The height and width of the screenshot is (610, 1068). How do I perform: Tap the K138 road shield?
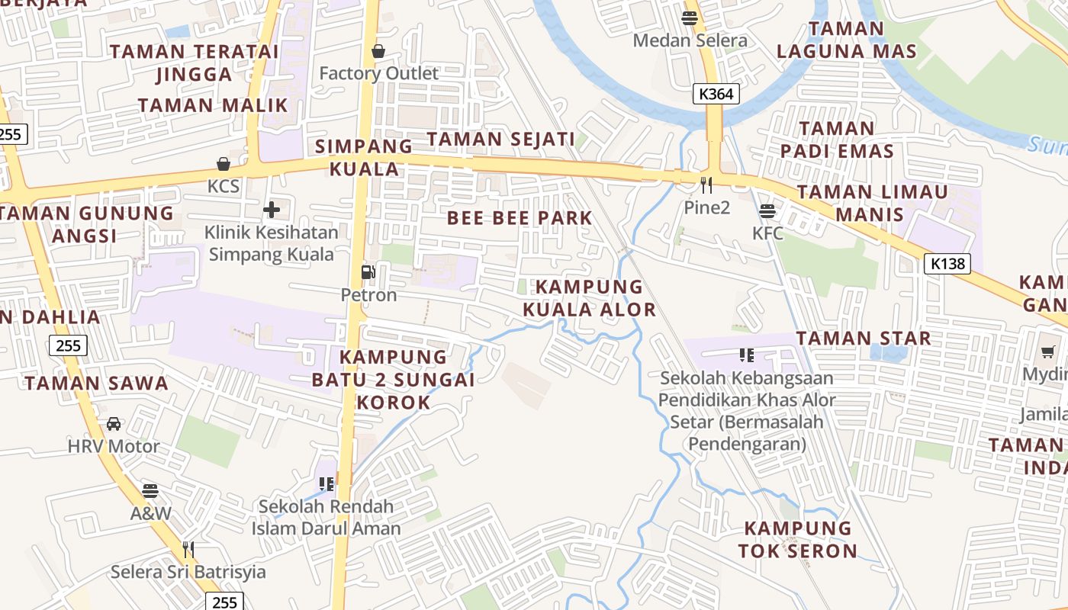click(948, 264)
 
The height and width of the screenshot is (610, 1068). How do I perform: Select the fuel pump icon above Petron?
click(368, 272)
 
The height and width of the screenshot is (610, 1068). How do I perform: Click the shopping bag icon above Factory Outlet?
click(378, 51)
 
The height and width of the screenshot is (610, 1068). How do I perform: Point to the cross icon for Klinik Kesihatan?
click(272, 210)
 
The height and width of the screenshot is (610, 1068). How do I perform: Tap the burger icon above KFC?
click(767, 210)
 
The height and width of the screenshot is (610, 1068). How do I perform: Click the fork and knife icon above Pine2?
click(706, 185)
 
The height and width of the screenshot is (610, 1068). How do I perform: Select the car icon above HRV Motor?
click(114, 423)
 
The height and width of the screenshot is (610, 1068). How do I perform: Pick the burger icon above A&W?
click(150, 490)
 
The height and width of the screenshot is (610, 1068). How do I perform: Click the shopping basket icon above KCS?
click(224, 164)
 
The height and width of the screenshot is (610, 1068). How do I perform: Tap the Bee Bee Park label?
click(520, 218)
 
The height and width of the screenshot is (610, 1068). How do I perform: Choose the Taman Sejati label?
click(500, 140)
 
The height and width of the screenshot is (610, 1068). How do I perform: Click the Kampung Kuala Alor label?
click(589, 298)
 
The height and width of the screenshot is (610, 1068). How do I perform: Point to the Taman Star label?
click(864, 338)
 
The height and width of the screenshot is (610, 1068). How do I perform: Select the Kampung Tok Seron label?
click(798, 539)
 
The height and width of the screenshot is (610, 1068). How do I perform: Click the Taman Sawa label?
click(96, 383)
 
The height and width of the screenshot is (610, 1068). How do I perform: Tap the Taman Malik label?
click(213, 105)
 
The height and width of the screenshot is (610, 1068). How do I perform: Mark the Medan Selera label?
click(690, 40)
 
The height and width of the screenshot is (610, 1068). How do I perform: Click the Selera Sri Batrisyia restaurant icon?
click(188, 549)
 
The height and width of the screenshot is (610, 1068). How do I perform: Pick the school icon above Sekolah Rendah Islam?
click(327, 483)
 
